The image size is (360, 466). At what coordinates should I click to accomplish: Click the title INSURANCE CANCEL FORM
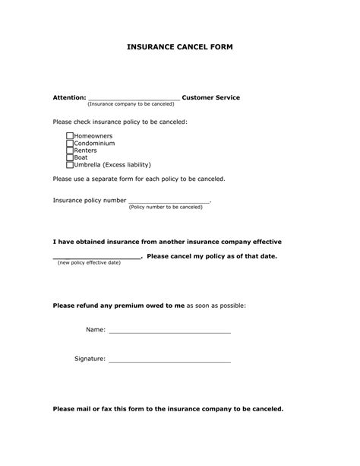point(180,46)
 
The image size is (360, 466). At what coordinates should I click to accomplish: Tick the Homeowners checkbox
point(70,136)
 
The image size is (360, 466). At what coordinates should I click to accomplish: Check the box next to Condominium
point(70,143)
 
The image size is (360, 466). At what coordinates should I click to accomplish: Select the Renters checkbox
point(70,151)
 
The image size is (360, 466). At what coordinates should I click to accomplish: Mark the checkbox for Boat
point(70,157)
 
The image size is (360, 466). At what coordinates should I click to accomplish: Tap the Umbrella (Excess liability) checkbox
point(70,164)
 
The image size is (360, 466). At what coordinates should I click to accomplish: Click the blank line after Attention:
point(134,98)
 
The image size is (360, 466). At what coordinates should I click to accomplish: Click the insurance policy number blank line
point(169,201)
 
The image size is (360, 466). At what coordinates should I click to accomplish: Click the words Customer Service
point(211,97)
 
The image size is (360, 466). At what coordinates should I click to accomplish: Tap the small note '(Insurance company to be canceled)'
point(131,104)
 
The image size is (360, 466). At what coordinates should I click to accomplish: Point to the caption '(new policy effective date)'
point(90,262)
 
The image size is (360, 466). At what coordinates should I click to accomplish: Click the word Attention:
point(69,97)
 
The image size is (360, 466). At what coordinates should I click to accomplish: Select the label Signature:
point(90,358)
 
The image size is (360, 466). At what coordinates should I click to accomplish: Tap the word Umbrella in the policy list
point(88,164)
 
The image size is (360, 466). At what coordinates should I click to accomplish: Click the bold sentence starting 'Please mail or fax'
point(168,408)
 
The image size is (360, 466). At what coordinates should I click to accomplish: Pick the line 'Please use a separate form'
point(138,179)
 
